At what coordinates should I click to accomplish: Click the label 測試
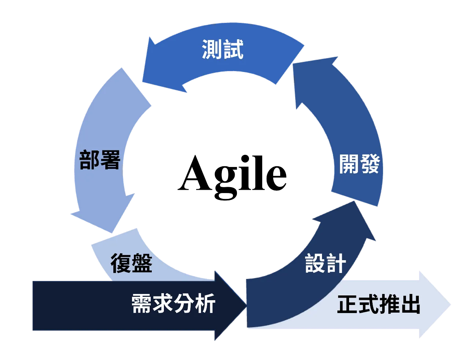223,50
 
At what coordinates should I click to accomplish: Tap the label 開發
359,164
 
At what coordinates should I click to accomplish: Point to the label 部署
100,160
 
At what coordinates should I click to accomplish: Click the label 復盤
131,263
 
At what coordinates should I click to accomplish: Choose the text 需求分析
173,304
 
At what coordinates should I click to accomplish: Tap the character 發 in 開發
370,164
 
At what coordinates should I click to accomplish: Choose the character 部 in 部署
89,160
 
